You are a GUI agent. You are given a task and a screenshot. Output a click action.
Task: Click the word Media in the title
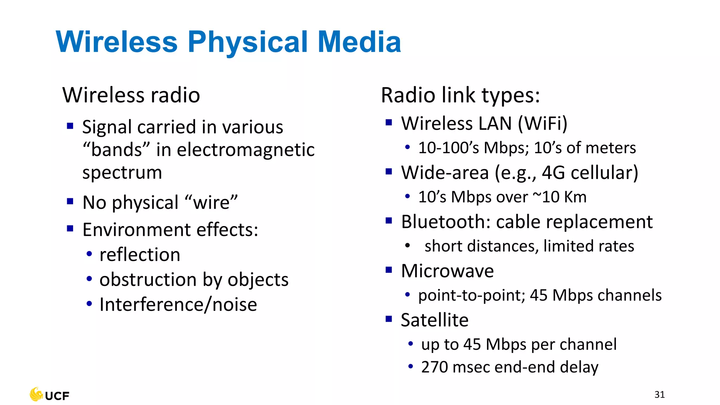(359, 42)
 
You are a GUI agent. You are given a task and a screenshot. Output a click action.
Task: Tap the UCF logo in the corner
(50, 395)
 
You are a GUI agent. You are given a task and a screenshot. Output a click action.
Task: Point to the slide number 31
(660, 394)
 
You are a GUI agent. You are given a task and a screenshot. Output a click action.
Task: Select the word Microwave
(447, 271)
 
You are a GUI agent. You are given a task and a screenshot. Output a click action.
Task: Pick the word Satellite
(435, 320)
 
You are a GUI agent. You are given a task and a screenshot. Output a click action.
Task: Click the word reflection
(140, 255)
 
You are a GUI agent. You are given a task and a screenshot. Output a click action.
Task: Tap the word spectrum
(122, 173)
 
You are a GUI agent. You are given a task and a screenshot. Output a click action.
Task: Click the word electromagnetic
(246, 150)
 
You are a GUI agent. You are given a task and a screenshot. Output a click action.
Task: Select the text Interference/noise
(178, 304)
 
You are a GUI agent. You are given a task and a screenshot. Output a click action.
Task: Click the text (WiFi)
(542, 124)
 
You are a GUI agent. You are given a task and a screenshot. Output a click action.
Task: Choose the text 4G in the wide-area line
(553, 173)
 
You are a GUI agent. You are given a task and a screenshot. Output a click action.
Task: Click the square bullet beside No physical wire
(70, 201)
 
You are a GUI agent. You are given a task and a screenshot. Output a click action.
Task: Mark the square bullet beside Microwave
(388, 270)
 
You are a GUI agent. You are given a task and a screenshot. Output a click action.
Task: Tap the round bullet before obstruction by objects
(89, 279)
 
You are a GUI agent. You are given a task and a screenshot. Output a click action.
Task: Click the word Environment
(137, 230)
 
